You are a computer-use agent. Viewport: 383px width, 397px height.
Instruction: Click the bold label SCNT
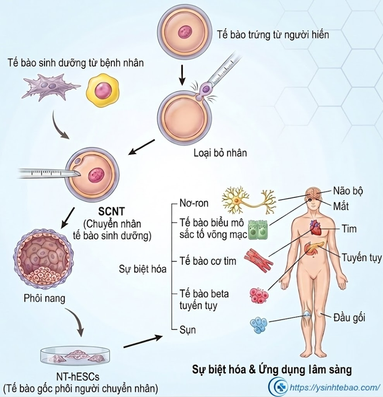(112, 211)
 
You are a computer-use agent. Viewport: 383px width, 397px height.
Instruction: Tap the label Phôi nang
(44, 298)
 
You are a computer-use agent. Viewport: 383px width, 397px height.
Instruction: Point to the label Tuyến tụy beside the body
(362, 258)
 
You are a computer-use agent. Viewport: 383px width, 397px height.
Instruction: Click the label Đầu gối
(350, 317)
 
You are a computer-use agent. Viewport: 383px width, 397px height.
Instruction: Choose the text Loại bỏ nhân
(220, 153)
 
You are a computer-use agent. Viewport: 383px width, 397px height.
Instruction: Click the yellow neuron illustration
(249, 200)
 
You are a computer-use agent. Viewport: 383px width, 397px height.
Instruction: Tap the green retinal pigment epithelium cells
(258, 230)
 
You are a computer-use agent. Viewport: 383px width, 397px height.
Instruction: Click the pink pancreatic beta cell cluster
(259, 296)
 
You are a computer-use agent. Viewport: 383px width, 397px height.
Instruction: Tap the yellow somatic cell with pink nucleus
(103, 90)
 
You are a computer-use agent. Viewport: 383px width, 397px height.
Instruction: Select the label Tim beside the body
(349, 229)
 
